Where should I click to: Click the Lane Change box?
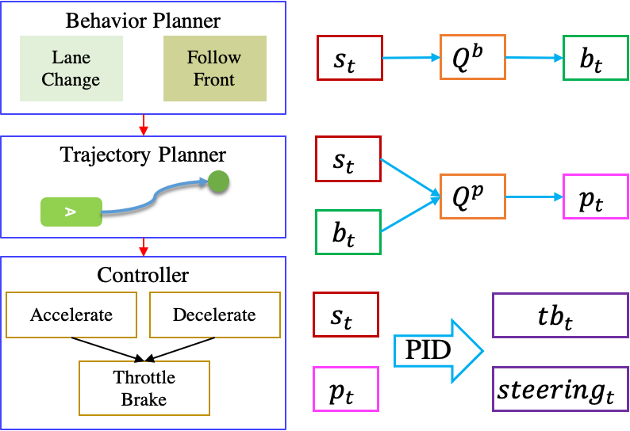pos(71,68)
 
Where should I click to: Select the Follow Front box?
pos(214,68)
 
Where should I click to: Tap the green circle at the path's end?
pos(218,181)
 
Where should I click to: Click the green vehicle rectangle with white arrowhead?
pos(71,212)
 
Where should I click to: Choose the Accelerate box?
pos(71,315)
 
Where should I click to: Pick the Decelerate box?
pos(214,315)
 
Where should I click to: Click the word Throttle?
pos(144,377)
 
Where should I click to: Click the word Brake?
pos(144,399)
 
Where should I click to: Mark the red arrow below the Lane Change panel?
pos(144,124)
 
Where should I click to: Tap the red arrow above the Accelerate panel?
pos(144,246)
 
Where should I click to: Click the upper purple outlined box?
pos(560,315)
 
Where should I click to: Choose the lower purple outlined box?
pos(560,388)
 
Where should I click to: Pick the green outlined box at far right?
pos(595,57)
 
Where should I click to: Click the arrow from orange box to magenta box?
pos(534,196)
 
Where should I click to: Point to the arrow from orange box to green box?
pos(534,58)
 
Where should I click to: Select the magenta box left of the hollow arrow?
pos(345,388)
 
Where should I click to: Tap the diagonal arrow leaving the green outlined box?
pos(410,214)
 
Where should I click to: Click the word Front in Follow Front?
pos(214,79)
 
